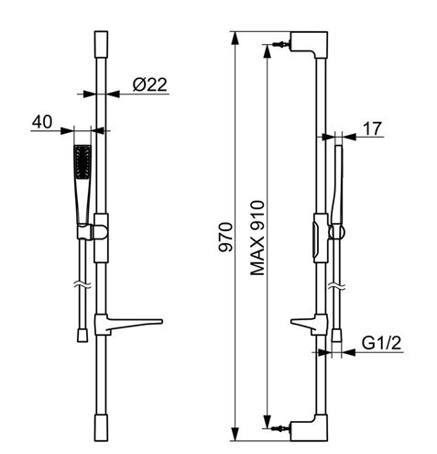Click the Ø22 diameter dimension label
point(150,84)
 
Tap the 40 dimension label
point(42,122)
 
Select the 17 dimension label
point(372,128)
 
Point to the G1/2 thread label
point(381,343)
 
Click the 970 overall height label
point(225,238)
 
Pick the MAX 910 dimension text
point(257,238)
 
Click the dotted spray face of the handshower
point(82,162)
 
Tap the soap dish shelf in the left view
point(128,324)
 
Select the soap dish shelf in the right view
point(309,324)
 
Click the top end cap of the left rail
point(101,44)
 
